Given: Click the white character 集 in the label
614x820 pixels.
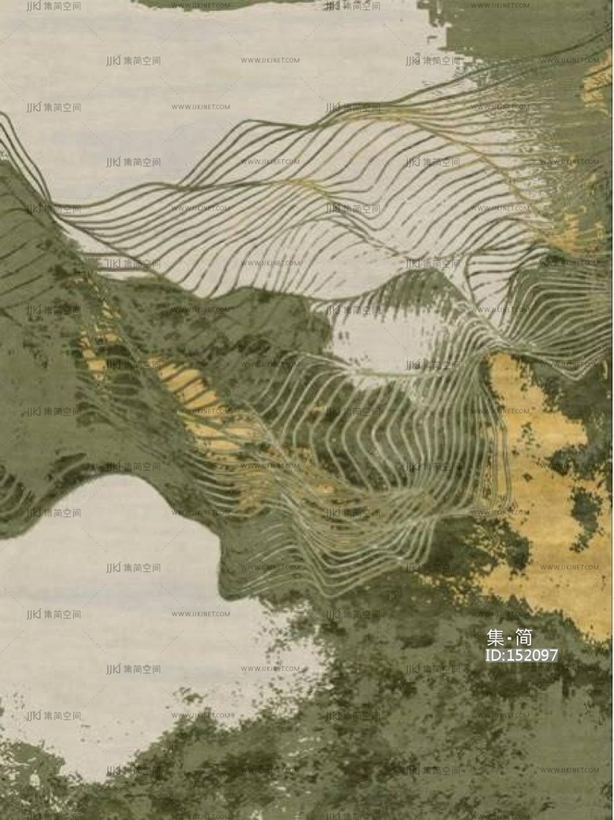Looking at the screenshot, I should [x=497, y=638].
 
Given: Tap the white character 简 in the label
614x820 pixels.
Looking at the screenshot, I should [x=523, y=638].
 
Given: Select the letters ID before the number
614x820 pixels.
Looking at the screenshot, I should [x=493, y=655].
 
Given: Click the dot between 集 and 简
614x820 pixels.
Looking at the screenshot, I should [x=510, y=639].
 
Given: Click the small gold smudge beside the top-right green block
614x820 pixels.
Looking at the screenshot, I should [x=596, y=83].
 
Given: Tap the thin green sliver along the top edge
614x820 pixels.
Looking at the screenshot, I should [x=222, y=4].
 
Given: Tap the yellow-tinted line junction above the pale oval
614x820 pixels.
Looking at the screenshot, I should [x=305, y=190].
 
